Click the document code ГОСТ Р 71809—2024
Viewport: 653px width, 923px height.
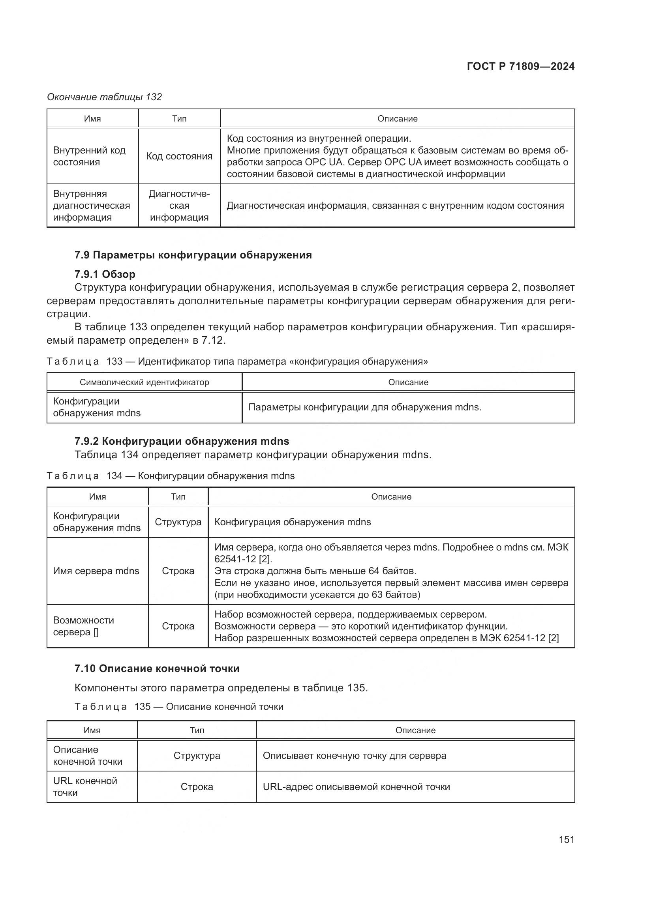coord(520,66)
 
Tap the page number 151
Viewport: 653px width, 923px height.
coord(566,839)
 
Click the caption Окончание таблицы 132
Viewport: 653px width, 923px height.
coord(104,97)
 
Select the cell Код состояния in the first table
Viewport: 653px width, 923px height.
coord(179,156)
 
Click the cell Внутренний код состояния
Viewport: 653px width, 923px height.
coord(89,156)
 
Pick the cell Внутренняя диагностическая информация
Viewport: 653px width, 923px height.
coord(91,206)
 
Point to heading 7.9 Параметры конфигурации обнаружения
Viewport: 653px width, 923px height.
coord(193,255)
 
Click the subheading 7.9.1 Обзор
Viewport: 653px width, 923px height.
coord(105,274)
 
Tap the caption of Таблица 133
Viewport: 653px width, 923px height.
coord(237,361)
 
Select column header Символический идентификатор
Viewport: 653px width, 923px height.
coord(144,382)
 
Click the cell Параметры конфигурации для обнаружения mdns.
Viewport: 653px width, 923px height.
coord(365,407)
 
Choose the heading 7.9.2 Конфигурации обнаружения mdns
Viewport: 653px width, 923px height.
coord(182,441)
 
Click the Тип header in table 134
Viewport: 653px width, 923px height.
coord(178,497)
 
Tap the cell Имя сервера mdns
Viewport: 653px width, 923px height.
coord(96,571)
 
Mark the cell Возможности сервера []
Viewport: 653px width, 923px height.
coord(83,626)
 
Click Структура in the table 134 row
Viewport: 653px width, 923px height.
coord(178,522)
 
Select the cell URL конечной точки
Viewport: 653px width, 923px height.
coord(85,787)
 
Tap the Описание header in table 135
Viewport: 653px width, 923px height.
coord(415,730)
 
